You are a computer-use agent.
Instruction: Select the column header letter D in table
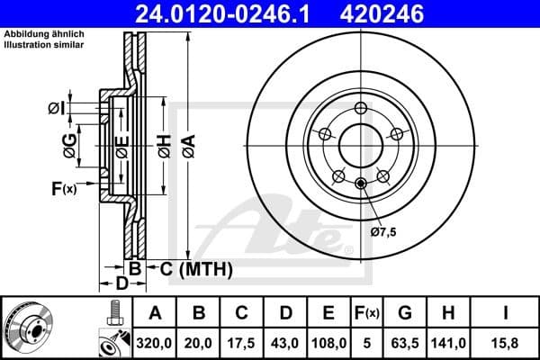[x=286, y=313]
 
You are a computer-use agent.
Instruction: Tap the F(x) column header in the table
[x=368, y=313]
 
